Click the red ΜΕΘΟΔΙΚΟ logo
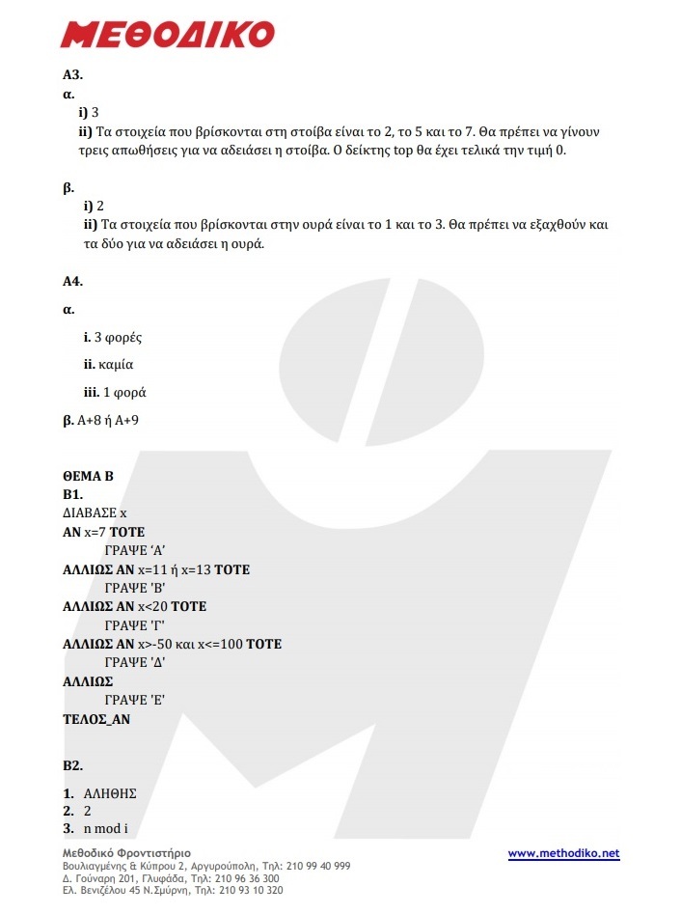tap(167, 35)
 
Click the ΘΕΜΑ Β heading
tap(89, 476)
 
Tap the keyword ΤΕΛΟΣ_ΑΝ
tap(96, 719)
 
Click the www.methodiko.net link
tap(563, 853)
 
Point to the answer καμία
tap(116, 366)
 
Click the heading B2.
tap(72, 765)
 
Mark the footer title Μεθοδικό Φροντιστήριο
tap(126, 853)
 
